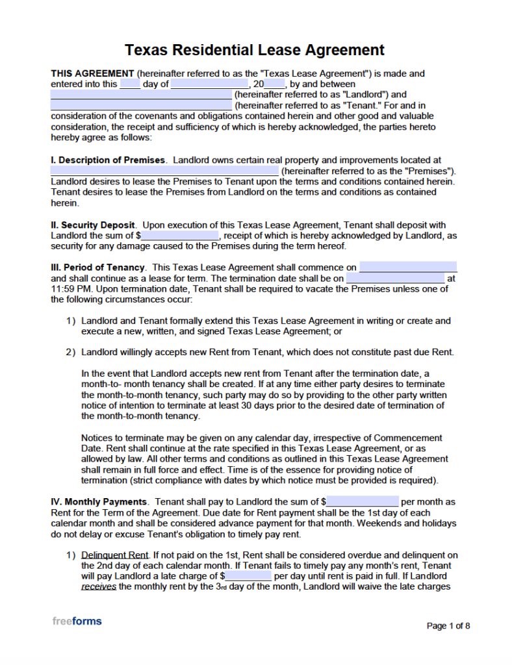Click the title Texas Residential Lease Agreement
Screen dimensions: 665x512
255,50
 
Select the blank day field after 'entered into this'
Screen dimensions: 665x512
130,84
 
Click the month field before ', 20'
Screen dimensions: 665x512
209,84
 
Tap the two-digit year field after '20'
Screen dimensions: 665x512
275,84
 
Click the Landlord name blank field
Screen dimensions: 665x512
141,95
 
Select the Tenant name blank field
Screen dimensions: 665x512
141,105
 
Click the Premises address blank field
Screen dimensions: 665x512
165,171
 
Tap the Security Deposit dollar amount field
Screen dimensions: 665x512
181,236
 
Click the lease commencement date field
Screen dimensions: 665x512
408,268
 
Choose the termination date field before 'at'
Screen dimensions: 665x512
395,278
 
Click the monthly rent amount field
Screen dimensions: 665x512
363,501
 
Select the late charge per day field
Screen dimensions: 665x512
248,576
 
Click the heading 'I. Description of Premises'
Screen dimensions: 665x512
108,160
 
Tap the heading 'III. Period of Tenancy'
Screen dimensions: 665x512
97,268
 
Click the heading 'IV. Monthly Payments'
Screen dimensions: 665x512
99,501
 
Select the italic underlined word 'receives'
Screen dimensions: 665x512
99,586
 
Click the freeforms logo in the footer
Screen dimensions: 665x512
77,621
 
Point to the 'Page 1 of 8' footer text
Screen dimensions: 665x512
448,626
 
